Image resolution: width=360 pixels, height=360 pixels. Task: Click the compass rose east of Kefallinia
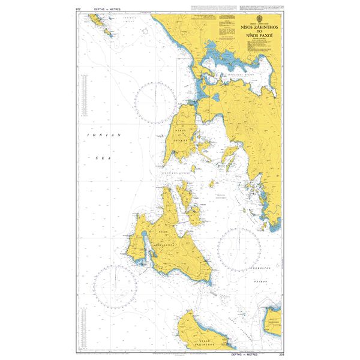[x=238, y=248]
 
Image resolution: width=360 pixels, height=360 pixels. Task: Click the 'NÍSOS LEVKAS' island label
[x=181, y=135]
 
